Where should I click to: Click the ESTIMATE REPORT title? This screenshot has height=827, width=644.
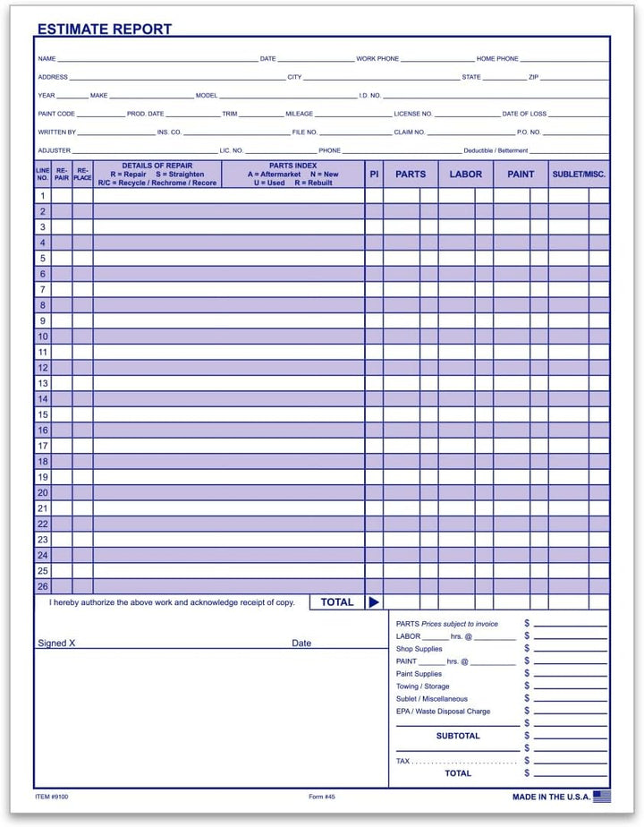click(104, 30)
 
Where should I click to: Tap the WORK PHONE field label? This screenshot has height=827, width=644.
click(377, 59)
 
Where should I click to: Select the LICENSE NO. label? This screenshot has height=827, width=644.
click(413, 115)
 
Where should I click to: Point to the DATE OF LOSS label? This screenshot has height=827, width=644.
click(524, 115)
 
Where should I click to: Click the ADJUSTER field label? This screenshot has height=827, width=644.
click(54, 150)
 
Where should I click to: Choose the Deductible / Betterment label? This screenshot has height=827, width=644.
click(496, 150)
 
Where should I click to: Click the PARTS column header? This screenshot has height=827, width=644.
click(411, 175)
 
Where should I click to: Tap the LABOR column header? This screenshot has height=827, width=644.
click(465, 175)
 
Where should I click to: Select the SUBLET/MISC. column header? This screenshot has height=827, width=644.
click(579, 175)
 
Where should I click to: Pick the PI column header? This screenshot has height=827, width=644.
click(374, 175)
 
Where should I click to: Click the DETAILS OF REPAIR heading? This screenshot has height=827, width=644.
click(157, 166)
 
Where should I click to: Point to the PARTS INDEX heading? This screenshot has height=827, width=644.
click(292, 166)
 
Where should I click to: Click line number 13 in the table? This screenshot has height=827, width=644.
click(42, 383)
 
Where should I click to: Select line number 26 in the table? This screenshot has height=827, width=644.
click(42, 587)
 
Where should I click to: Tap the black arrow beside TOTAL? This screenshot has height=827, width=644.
click(374, 602)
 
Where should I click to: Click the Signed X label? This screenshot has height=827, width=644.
click(56, 643)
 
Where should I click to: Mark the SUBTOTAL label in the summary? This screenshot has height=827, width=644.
click(458, 736)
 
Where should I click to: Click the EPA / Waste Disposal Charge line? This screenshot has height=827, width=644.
click(443, 712)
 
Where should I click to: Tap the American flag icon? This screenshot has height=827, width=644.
click(602, 795)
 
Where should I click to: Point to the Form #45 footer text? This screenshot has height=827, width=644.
click(315, 796)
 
